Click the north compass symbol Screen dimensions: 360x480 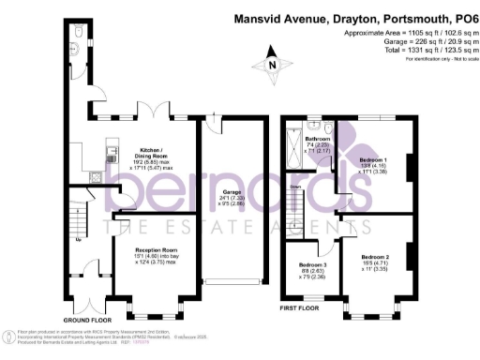coord(271,63)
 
